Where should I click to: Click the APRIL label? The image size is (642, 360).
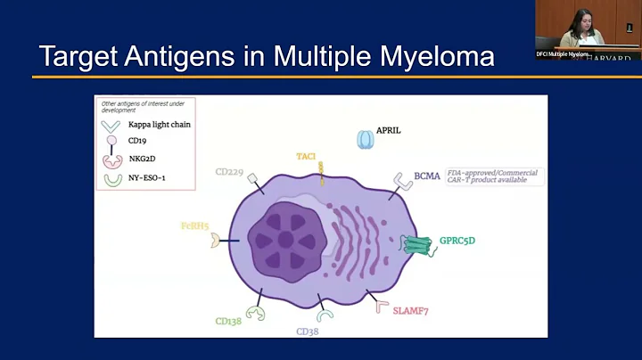click(x=389, y=130)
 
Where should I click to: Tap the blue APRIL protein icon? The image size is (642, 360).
click(x=365, y=140)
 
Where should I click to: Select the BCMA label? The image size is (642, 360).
click(x=427, y=176)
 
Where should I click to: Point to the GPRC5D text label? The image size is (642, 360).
click(x=457, y=241)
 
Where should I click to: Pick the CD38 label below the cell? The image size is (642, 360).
click(x=308, y=331)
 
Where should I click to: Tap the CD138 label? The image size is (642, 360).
click(x=227, y=321)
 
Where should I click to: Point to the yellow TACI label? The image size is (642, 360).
click(x=306, y=156)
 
